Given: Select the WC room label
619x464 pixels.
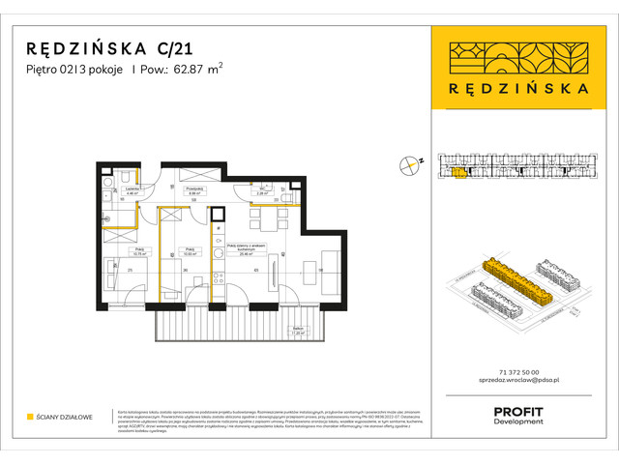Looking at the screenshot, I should pos(261,191).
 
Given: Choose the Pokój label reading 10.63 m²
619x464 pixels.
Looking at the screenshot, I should pos(191,250).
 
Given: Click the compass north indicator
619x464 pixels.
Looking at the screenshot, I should pos(415,164).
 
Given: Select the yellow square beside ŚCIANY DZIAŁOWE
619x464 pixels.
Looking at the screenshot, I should pos(31,418).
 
